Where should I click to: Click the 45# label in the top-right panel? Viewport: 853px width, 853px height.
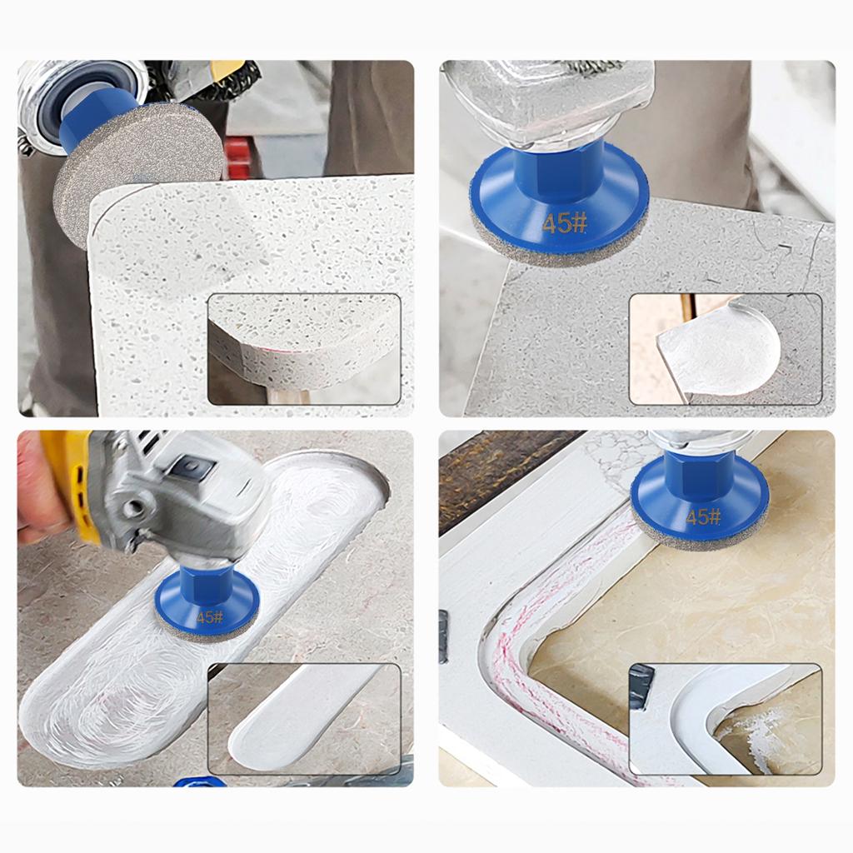[x=565, y=223]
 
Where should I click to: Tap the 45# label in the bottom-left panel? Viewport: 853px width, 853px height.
[x=210, y=617]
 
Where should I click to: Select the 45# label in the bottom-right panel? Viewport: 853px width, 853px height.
[x=703, y=516]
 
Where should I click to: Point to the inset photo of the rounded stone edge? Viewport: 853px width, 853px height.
[x=305, y=349]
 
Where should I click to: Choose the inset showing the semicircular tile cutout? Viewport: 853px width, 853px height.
[x=726, y=349]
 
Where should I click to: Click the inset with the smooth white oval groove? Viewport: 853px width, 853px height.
[x=305, y=719]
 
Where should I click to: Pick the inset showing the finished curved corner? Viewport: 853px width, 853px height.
[x=726, y=719]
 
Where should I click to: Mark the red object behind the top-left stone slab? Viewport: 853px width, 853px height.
[x=237, y=159]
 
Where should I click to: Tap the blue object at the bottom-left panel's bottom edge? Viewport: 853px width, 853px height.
[x=198, y=781]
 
